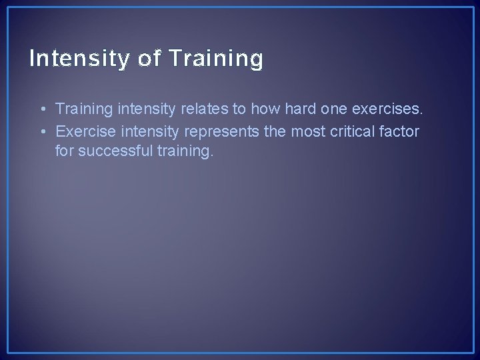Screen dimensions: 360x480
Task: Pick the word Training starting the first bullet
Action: (x=83, y=109)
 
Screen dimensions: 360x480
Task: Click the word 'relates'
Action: (x=200, y=109)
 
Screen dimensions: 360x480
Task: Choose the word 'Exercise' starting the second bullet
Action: (x=83, y=132)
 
